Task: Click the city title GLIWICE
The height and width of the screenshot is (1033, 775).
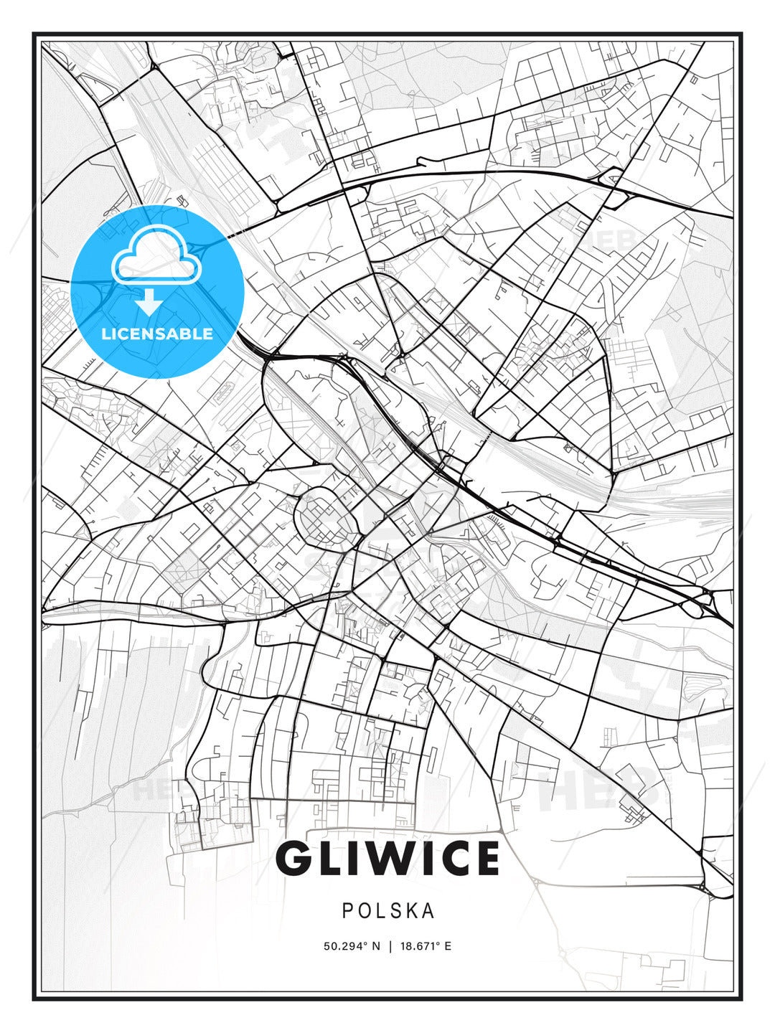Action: coord(387,859)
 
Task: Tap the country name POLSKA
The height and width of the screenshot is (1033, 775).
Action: coord(388,911)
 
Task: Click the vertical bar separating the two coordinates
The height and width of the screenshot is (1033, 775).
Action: coord(390,946)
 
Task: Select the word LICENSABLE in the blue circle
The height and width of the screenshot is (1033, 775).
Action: coord(157,334)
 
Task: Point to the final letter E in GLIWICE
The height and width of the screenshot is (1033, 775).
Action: coord(485,859)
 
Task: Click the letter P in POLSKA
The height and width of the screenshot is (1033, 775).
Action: coord(347,911)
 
